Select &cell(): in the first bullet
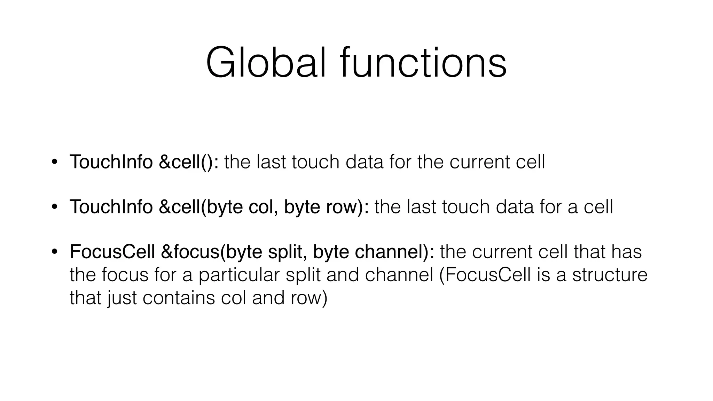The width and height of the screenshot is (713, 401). point(188,162)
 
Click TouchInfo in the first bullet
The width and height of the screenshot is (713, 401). point(111,162)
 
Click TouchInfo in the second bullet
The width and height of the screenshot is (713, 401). point(111,207)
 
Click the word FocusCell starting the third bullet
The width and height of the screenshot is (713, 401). point(112,252)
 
